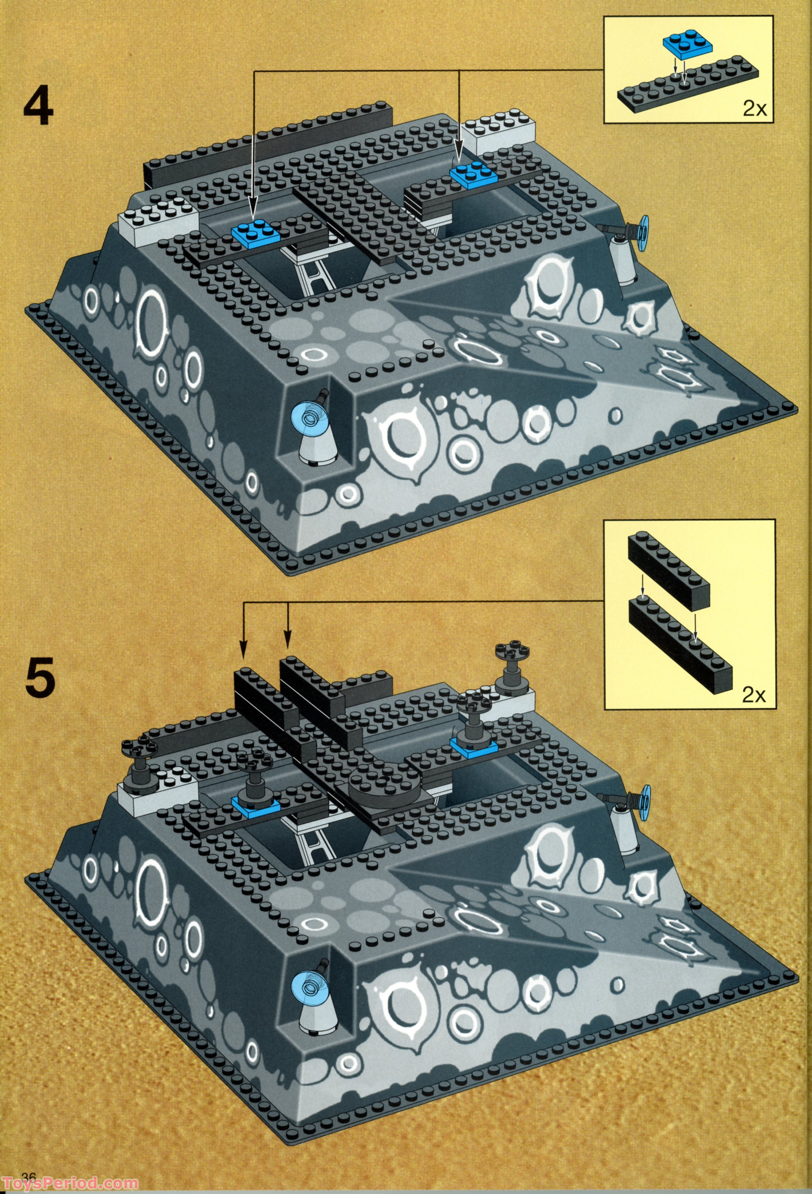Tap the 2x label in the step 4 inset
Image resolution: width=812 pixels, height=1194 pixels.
click(x=754, y=109)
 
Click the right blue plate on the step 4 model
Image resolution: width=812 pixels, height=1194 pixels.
click(x=473, y=175)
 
